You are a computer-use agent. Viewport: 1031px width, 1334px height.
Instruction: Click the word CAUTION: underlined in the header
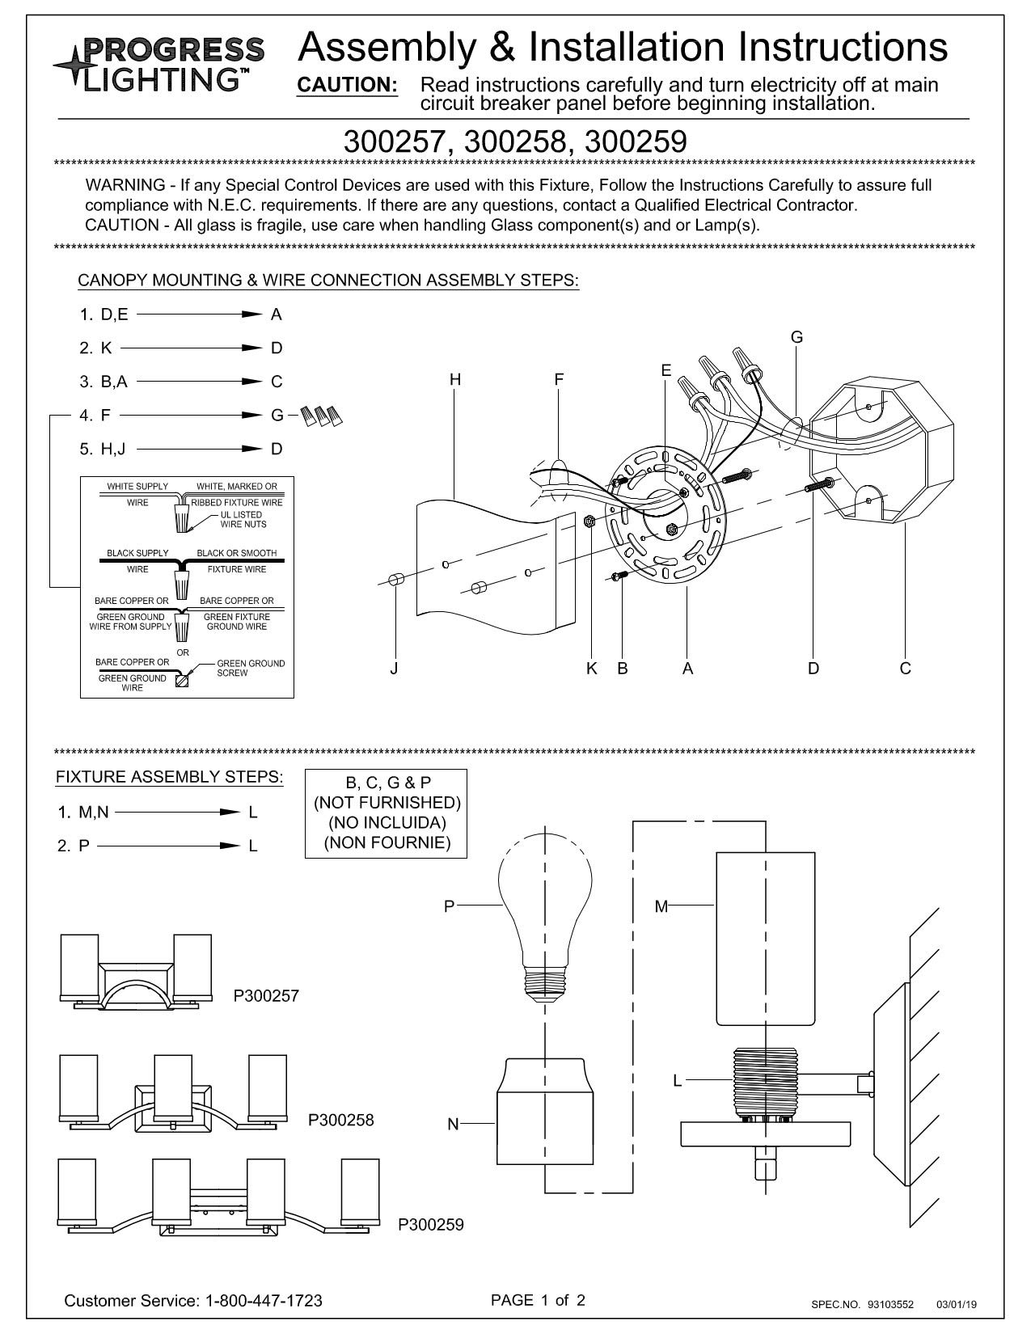coord(348,85)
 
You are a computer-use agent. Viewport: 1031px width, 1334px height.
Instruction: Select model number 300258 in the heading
coord(514,141)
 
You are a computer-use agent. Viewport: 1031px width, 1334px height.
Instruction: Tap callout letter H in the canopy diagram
coord(455,380)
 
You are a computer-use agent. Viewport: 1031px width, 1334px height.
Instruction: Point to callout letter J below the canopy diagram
coord(394,669)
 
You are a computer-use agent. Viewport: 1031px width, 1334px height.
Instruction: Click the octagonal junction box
coord(881,451)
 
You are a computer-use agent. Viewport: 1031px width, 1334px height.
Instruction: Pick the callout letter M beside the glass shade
coord(661,907)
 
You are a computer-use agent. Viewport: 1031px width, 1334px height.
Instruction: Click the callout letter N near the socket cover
coord(453,1125)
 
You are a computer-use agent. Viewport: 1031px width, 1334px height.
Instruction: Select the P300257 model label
coord(266,996)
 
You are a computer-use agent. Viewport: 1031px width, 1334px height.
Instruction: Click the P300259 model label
coord(431,1225)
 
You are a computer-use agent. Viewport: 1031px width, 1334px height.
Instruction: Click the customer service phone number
coord(264,1301)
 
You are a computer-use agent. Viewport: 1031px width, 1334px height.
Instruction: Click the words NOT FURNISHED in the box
coord(387,803)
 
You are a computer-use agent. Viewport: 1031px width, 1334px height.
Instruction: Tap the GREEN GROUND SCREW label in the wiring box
coord(251,669)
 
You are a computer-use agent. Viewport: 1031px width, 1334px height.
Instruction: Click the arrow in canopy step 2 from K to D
coord(191,348)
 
